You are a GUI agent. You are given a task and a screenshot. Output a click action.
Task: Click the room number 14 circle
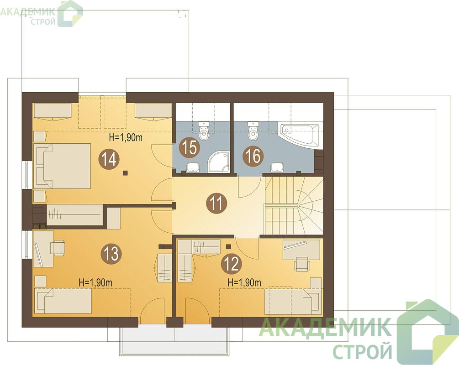[109, 159]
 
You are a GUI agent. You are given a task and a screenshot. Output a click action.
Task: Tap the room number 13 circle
[111, 253]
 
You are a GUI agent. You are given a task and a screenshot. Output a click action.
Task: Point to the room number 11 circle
[216, 203]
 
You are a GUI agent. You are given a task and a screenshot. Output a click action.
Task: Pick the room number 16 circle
[253, 155]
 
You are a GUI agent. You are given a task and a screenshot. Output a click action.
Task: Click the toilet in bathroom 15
[204, 130]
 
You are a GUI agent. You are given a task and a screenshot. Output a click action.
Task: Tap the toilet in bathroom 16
[253, 130]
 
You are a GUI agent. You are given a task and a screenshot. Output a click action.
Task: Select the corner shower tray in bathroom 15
[218, 161]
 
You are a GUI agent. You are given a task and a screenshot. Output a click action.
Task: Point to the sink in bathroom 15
[193, 167]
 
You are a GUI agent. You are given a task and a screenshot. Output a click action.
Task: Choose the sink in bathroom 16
[277, 167]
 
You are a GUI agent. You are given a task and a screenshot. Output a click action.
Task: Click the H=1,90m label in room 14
[126, 137]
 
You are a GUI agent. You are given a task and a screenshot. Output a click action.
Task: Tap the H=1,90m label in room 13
[96, 282]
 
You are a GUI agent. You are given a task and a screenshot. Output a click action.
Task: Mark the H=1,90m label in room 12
[244, 282]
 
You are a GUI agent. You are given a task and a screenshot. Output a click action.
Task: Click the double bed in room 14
[62, 166]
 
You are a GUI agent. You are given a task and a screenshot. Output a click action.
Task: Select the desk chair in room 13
[58, 247]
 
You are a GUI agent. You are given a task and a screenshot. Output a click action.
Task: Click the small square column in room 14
[125, 173]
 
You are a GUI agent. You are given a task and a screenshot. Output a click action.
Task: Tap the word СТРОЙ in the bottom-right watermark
[362, 351]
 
